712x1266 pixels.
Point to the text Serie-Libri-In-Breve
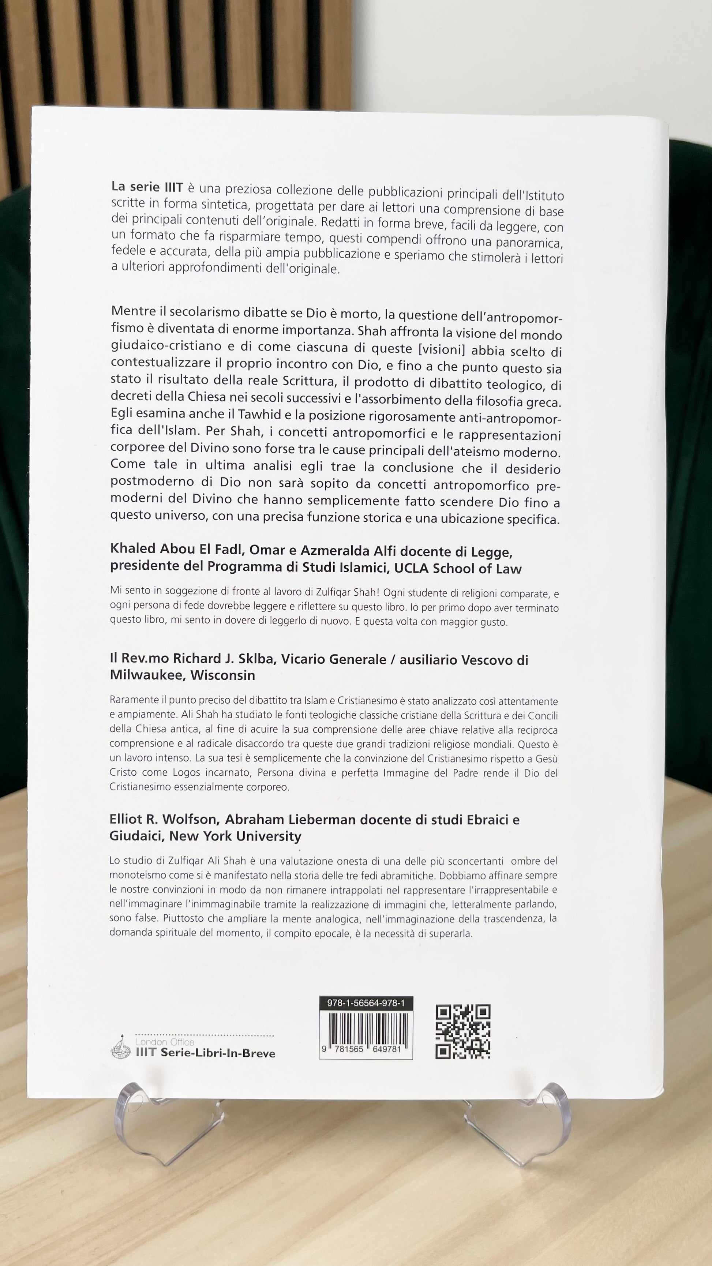218,1053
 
